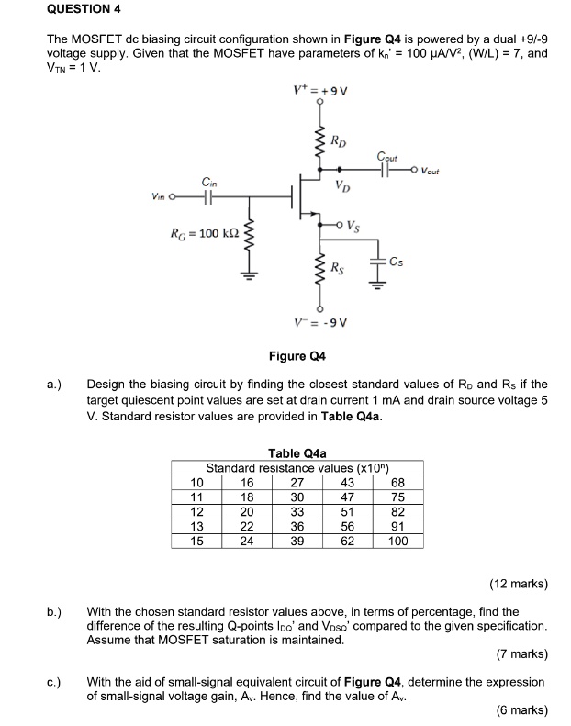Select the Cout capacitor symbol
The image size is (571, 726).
390,170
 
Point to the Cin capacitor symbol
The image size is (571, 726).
209,195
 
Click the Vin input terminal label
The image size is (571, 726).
161,195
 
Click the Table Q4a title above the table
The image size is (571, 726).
297,453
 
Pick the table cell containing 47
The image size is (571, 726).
347,498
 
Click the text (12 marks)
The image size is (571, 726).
518,584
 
